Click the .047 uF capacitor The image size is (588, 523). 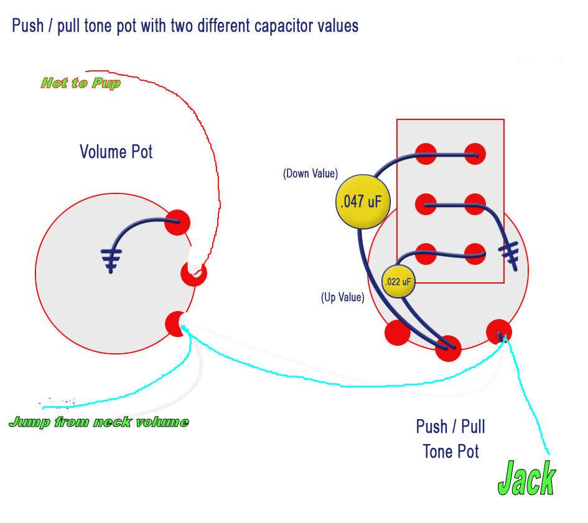pyautogui.click(x=363, y=201)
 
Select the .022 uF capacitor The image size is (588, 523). pyautogui.click(x=398, y=282)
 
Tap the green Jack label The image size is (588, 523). pyautogui.click(x=526, y=478)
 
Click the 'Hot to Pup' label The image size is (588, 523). pyautogui.click(x=81, y=83)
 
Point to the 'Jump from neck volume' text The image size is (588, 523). pyautogui.click(x=99, y=422)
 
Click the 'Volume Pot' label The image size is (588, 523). pyautogui.click(x=116, y=152)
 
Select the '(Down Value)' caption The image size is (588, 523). pyautogui.click(x=310, y=174)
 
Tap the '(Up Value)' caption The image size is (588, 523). pyautogui.click(x=342, y=297)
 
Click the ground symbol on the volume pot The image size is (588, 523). pyautogui.click(x=111, y=260)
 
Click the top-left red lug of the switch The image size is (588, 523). pyautogui.click(x=426, y=154)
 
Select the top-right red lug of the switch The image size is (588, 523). pyautogui.click(x=475, y=154)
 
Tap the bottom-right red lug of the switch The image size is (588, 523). pyautogui.click(x=475, y=254)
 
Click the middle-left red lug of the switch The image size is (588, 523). pyautogui.click(x=426, y=205)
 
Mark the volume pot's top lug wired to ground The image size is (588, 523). pyautogui.click(x=177, y=223)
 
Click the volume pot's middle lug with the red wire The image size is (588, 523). pyautogui.click(x=194, y=273)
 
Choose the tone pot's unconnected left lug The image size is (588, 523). pyautogui.click(x=398, y=333)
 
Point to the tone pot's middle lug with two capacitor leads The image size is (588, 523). pyautogui.click(x=448, y=348)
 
